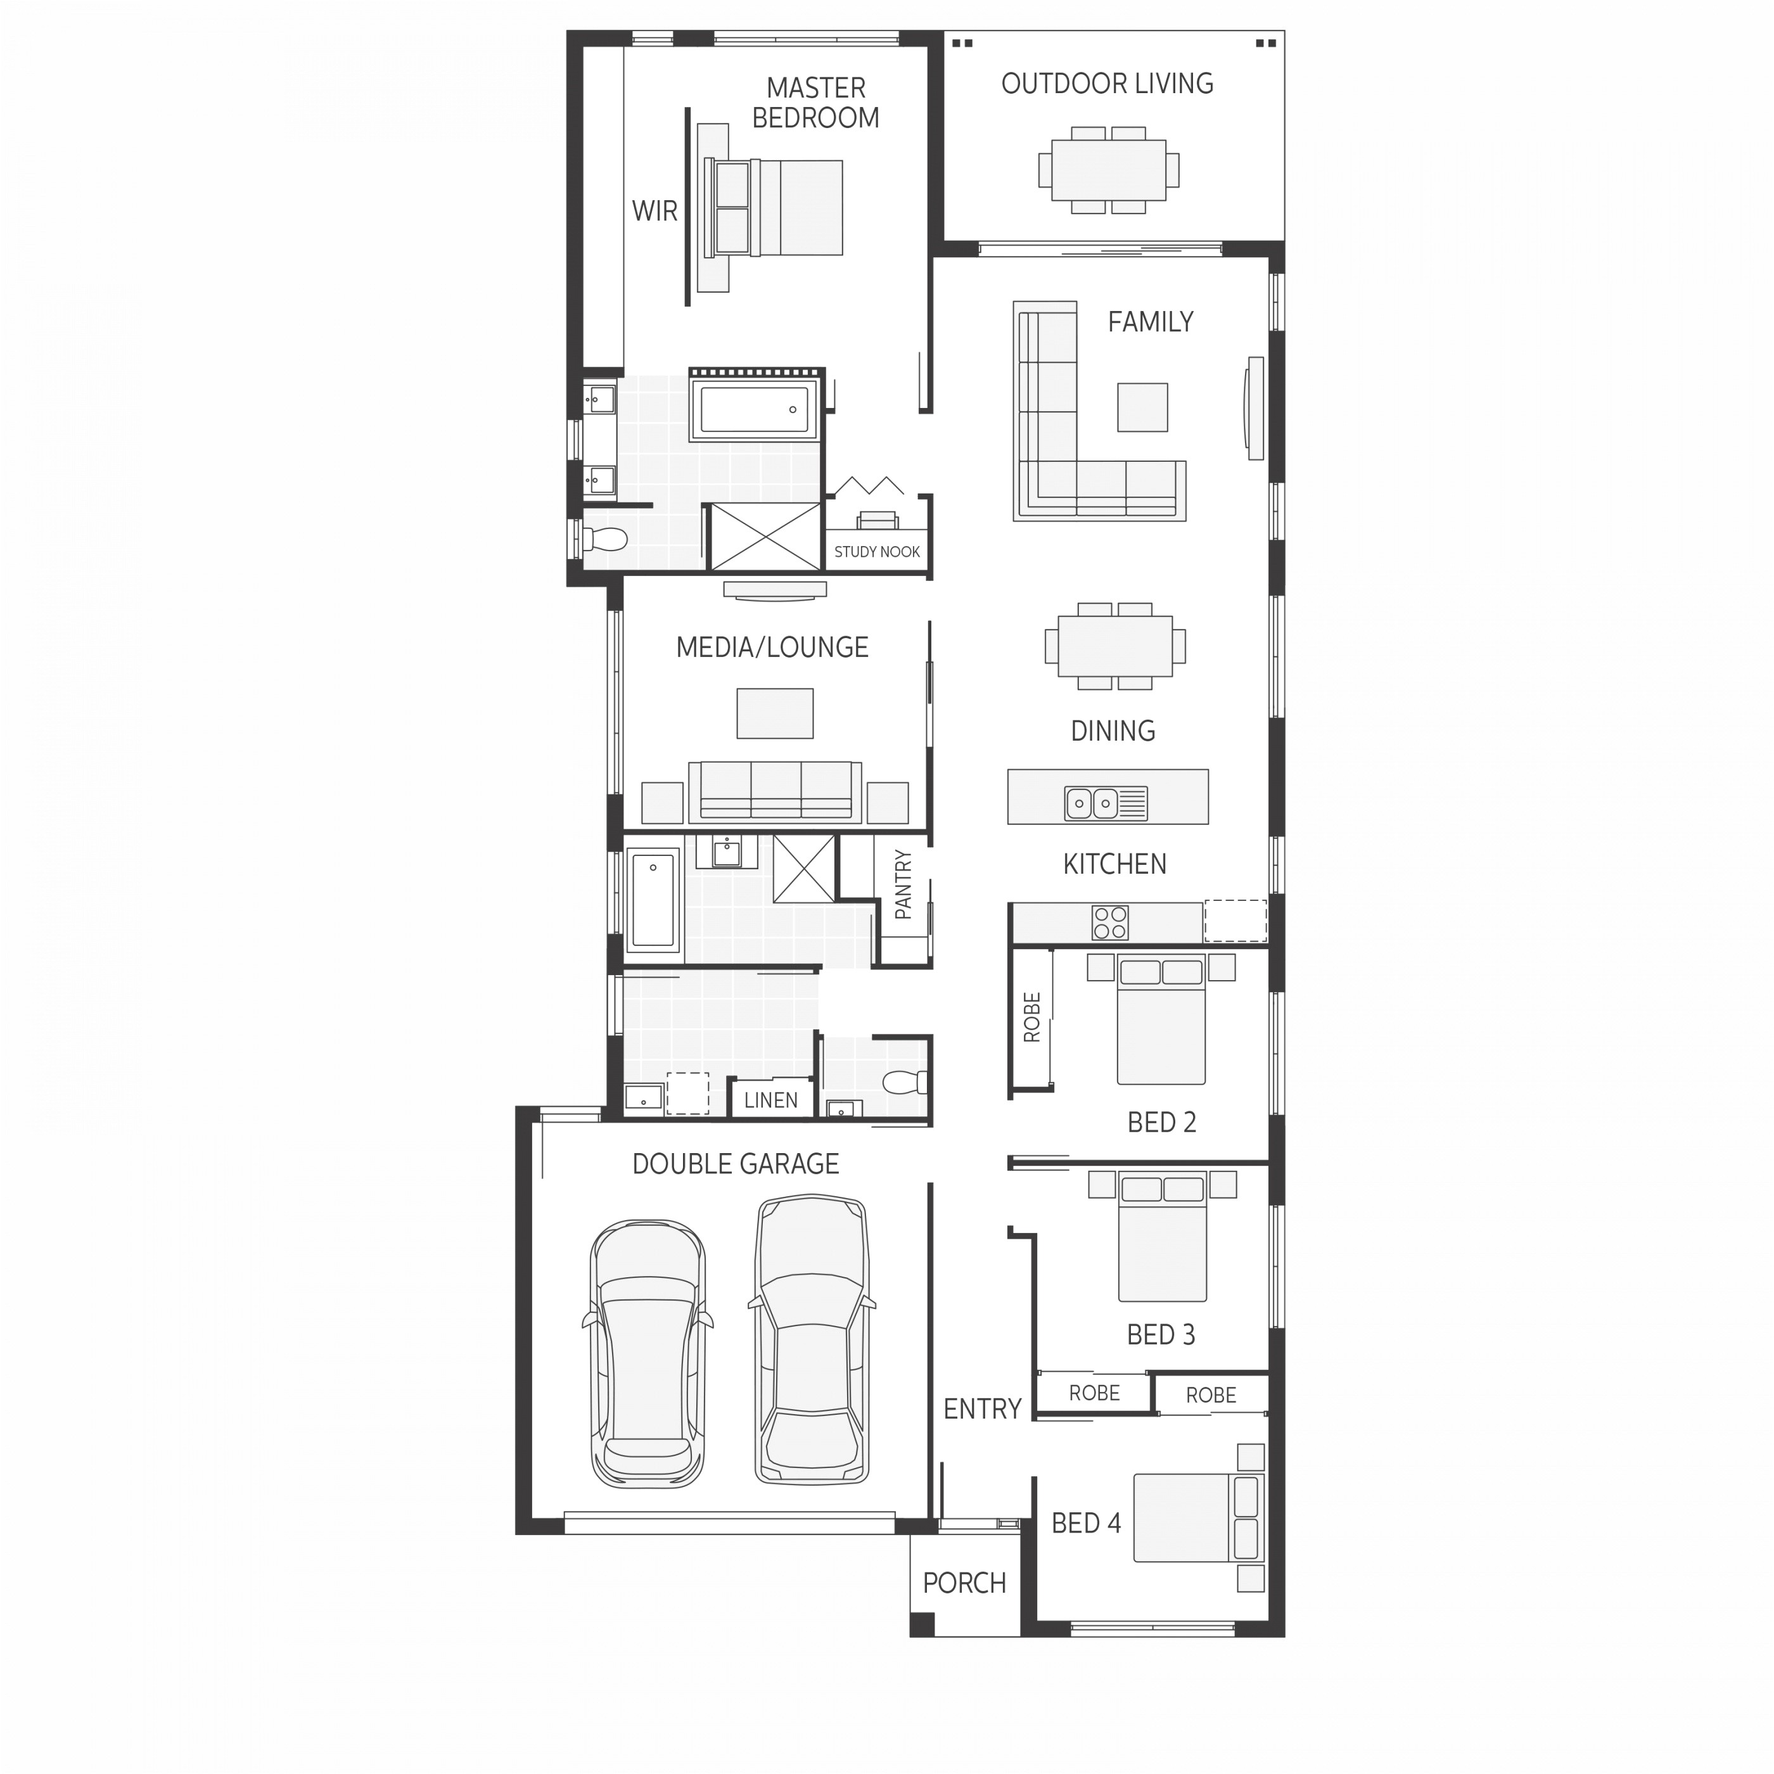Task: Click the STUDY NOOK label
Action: click(x=877, y=552)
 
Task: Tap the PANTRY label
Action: click(x=903, y=885)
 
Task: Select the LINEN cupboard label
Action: click(x=770, y=1100)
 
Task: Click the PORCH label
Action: click(x=964, y=1583)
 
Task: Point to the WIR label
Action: click(x=654, y=211)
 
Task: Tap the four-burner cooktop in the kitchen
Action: click(x=1109, y=922)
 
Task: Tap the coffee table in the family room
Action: click(x=1142, y=407)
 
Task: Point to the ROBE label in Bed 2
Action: click(x=1032, y=1018)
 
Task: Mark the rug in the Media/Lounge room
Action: click(x=775, y=713)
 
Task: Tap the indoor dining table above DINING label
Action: click(x=1114, y=646)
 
